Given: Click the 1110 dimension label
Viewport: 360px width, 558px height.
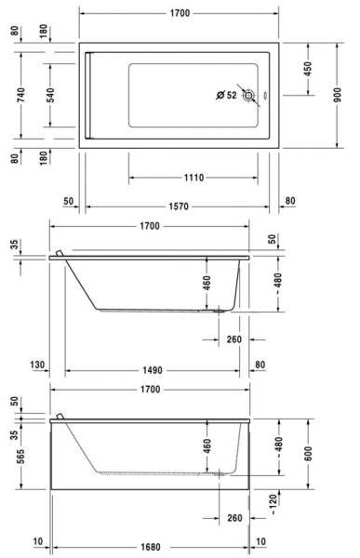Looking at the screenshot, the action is (193, 178).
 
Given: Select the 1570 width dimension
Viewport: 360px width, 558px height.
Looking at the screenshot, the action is (179, 206).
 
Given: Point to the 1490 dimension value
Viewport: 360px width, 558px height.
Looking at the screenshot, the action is (153, 370).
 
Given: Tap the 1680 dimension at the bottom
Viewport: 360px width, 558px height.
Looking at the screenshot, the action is (151, 547).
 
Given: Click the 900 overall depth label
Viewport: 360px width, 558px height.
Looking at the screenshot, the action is (338, 95).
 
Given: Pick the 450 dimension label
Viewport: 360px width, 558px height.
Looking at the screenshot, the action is (308, 69).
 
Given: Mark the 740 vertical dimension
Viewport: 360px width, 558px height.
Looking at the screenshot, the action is (21, 95).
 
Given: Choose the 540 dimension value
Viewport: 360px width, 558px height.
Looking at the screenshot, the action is (50, 95).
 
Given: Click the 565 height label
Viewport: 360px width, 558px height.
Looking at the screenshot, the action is (21, 457).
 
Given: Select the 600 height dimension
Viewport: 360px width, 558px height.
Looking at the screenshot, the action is (308, 454).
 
